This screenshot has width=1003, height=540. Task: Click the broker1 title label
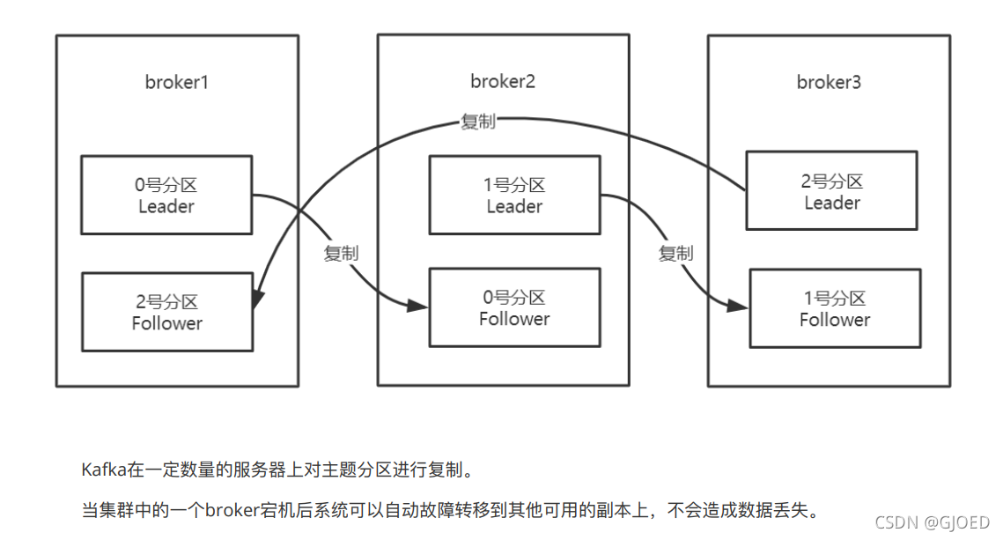click(176, 83)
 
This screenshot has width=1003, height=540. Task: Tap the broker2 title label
click(502, 81)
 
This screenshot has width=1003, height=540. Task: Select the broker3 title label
click(829, 82)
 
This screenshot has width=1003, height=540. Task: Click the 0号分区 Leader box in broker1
click(166, 195)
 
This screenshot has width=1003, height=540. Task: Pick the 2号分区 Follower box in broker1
click(166, 312)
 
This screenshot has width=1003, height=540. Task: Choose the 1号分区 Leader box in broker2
click(514, 195)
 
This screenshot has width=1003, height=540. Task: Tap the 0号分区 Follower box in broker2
click(514, 307)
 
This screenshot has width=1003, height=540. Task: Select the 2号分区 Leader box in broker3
click(831, 190)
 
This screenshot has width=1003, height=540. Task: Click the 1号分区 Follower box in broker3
click(834, 308)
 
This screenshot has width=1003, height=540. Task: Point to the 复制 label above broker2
click(477, 122)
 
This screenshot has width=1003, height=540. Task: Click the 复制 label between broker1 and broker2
click(341, 253)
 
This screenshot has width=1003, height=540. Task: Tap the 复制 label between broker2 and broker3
click(675, 253)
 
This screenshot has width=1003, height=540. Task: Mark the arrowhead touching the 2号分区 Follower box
click(257, 299)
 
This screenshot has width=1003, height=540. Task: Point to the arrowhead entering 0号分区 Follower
click(420, 306)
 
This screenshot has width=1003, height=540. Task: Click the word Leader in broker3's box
click(831, 203)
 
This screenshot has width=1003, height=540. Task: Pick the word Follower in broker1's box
click(166, 323)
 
